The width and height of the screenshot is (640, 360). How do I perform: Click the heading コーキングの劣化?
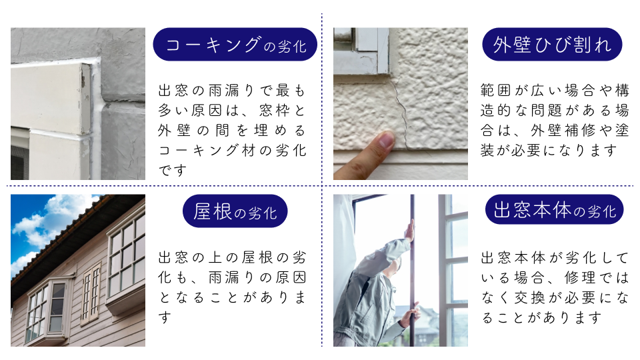(x=235, y=45)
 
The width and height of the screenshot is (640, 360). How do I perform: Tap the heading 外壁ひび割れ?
(x=551, y=45)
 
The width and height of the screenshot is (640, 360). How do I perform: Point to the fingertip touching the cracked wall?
(x=385, y=141)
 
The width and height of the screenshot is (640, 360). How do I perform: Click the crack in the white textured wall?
(x=401, y=113)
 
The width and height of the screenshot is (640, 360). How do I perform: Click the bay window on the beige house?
(x=47, y=310)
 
